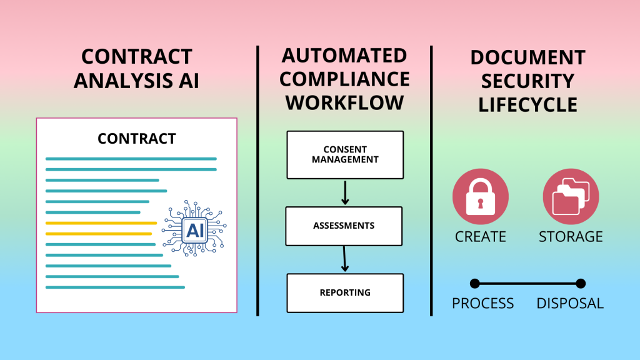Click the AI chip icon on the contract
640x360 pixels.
point(194,228)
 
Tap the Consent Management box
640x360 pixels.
point(345,155)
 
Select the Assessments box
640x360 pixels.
point(344,226)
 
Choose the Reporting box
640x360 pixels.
point(345,293)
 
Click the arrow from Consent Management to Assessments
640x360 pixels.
point(345,192)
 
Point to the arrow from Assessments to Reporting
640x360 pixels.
point(344,259)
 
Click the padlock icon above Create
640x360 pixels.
point(481,197)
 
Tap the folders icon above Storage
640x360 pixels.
point(571,197)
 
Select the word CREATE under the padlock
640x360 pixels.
point(481,237)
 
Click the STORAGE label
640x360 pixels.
point(571,237)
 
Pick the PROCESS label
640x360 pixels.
point(483,303)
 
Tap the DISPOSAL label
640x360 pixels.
point(570,303)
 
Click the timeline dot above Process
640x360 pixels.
point(475,283)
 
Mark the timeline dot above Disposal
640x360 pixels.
point(581,283)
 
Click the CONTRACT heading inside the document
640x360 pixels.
point(137,139)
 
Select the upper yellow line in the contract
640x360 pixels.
point(101,223)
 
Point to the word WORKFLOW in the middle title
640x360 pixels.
point(345,102)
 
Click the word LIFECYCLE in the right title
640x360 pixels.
point(527,105)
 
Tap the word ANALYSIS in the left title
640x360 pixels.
point(123,81)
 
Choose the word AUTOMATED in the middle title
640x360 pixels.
point(344,56)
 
